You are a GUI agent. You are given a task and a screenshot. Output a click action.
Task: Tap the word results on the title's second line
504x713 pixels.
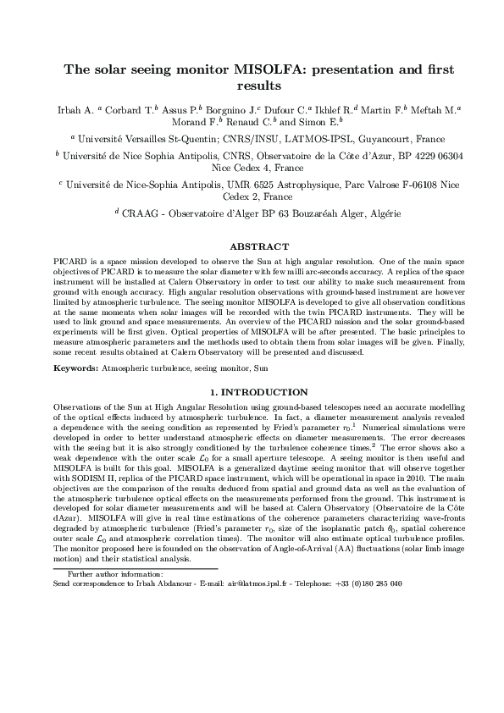click(x=252, y=86)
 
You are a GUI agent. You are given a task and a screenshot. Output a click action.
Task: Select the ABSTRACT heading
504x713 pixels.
click(x=253, y=246)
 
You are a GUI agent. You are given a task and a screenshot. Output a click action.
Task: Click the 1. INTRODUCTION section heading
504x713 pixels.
click(x=253, y=392)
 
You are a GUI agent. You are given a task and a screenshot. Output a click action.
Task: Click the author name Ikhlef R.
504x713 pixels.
click(x=330, y=109)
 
